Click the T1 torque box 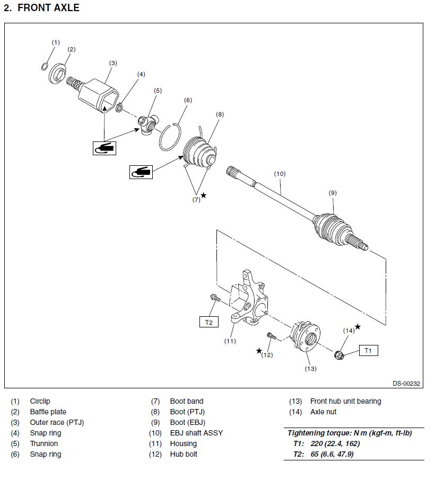click(x=368, y=350)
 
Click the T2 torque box click(x=208, y=321)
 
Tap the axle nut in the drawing click(x=340, y=353)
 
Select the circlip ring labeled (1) click(x=46, y=66)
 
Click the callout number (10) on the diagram click(x=280, y=173)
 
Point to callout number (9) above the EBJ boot click(x=333, y=193)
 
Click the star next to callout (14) click(x=358, y=326)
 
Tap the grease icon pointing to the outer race click(x=104, y=148)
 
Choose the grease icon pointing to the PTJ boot click(x=141, y=171)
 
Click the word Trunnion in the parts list click(x=44, y=443)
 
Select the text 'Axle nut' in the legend click(x=323, y=412)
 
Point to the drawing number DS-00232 click(x=406, y=384)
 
